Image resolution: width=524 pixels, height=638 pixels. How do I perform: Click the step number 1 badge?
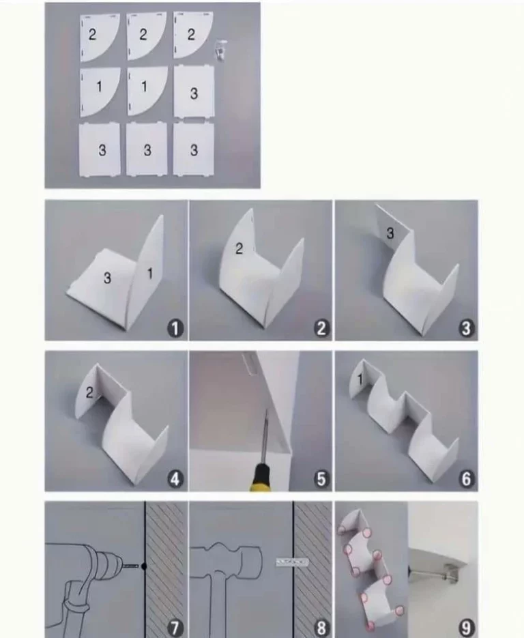[x=175, y=328]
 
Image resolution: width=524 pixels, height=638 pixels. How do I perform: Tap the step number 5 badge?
[x=321, y=479]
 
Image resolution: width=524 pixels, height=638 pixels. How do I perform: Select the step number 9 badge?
[x=467, y=628]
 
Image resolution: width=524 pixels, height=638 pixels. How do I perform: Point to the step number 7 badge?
[x=175, y=628]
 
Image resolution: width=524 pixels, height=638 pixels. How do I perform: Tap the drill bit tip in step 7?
[x=139, y=566]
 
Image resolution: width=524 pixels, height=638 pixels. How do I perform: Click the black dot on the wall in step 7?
[x=143, y=566]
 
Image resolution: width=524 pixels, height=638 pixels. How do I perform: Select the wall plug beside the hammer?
[x=292, y=563]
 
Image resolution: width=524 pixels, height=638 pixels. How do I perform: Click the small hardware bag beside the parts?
[x=220, y=50]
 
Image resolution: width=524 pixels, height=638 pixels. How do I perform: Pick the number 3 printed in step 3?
[x=390, y=233]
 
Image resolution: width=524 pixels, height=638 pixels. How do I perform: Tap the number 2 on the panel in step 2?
[x=239, y=248]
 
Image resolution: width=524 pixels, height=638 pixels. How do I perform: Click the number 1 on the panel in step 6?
[x=360, y=379]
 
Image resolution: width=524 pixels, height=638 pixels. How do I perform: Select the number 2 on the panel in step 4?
[x=89, y=392]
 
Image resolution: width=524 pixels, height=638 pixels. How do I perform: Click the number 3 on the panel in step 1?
[x=107, y=278]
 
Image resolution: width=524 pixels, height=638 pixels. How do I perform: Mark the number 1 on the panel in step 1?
[x=149, y=274]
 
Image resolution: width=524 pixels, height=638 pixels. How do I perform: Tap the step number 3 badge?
[x=467, y=328]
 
